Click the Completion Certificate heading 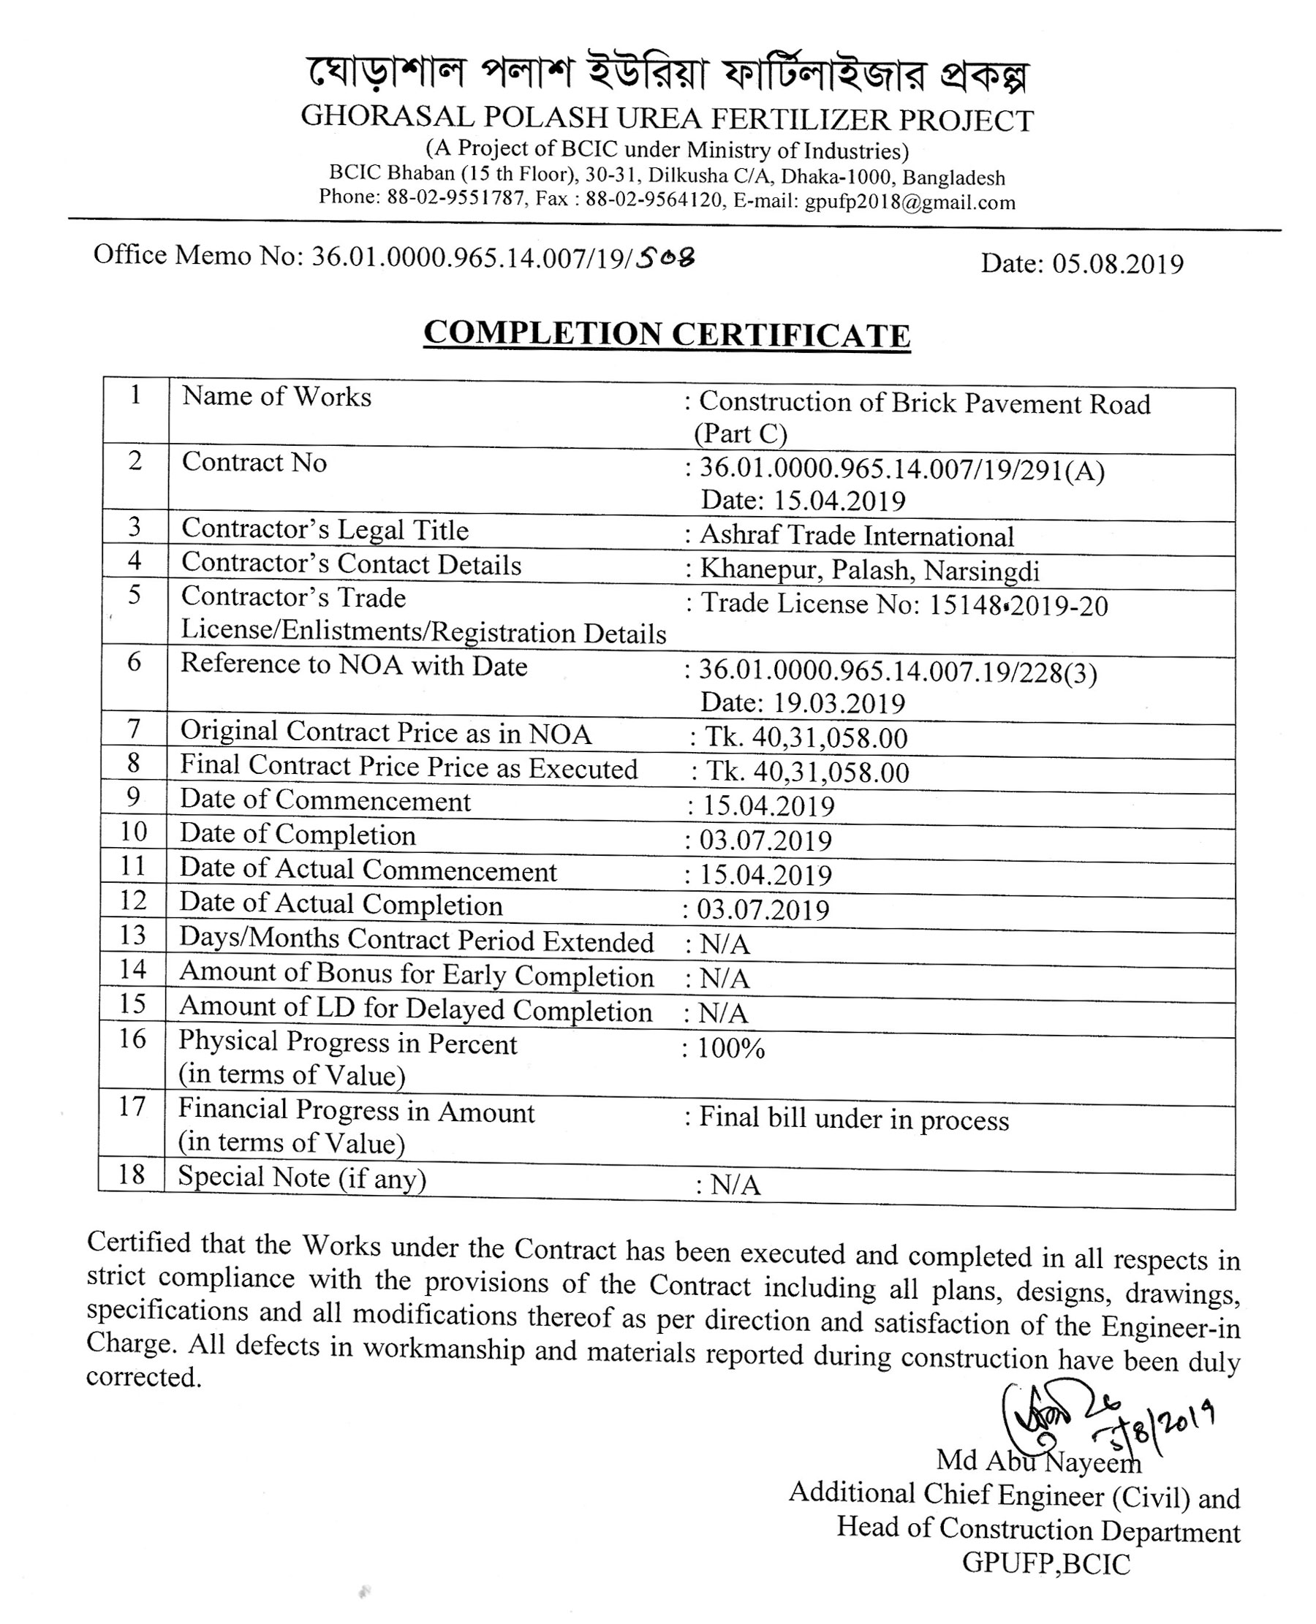666,333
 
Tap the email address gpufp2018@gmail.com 910,202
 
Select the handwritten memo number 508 665,259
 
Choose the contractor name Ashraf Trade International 857,536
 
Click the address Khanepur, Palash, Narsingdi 869,570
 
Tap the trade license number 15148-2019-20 1018,605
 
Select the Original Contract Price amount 806,737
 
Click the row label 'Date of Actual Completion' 341,905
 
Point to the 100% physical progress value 731,1049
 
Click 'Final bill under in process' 854,1120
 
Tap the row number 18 132,1175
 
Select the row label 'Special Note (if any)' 303,1177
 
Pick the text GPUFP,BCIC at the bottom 1046,1563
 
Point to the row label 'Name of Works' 276,397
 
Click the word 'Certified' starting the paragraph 139,1242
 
